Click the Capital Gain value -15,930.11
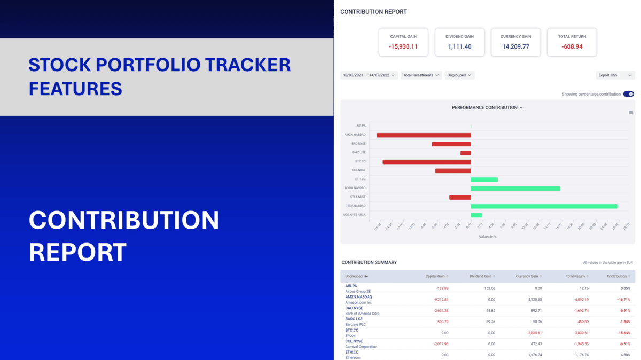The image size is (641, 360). [x=403, y=47]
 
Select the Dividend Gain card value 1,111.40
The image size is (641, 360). [x=459, y=47]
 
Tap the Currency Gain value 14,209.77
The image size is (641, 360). [x=515, y=47]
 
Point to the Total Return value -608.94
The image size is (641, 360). [x=572, y=47]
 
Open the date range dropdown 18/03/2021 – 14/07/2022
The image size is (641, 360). [x=369, y=75]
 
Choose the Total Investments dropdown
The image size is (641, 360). [x=421, y=75]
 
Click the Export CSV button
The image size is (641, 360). [x=615, y=75]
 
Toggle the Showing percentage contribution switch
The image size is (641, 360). [x=628, y=94]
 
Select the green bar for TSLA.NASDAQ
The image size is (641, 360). [x=544, y=206]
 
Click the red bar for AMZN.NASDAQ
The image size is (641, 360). [x=424, y=135]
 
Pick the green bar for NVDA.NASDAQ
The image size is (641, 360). [x=515, y=189]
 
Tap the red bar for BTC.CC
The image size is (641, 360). [x=426, y=162]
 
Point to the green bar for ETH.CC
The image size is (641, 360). [x=484, y=179]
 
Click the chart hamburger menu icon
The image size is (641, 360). [x=631, y=113]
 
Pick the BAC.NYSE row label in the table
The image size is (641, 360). [x=354, y=308]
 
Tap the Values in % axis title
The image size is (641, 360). [x=488, y=237]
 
